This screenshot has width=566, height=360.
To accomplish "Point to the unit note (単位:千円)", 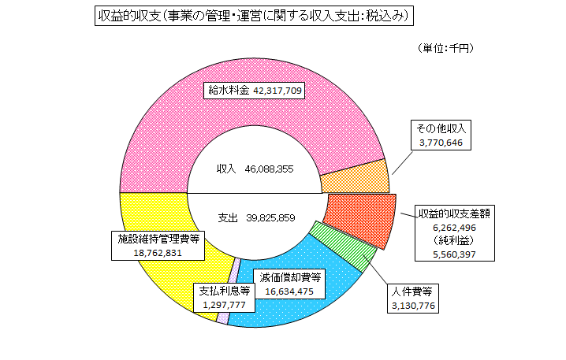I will [x=446, y=49].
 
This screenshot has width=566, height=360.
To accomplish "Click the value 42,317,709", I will [x=278, y=91].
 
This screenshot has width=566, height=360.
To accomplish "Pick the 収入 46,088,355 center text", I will [x=255, y=169].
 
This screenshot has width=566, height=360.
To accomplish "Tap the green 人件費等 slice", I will [x=343, y=246].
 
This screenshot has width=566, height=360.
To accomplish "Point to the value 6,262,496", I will [x=456, y=228].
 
